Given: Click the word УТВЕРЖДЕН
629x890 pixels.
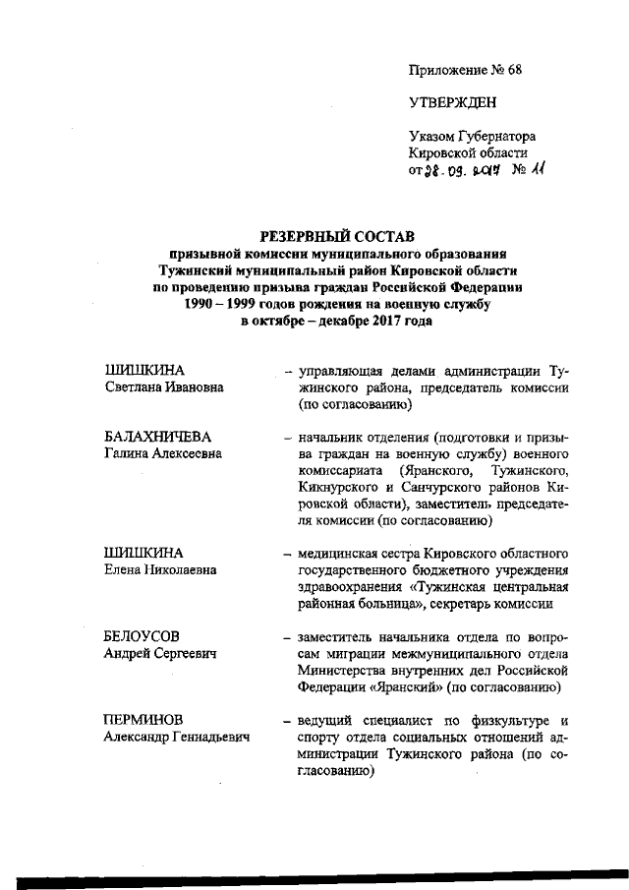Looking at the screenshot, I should [x=452, y=102].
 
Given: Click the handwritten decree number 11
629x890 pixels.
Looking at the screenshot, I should [x=537, y=169].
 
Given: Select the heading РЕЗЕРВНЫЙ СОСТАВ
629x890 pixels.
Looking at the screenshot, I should [x=336, y=235].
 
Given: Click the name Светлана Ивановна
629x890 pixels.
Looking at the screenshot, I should [x=164, y=387].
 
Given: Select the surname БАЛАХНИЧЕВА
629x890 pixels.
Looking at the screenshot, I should [x=158, y=437].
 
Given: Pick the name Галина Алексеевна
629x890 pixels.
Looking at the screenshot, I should [x=163, y=453].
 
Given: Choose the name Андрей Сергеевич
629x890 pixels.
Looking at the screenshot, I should [x=160, y=653].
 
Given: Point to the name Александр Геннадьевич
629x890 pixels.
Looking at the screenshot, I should [x=177, y=737].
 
